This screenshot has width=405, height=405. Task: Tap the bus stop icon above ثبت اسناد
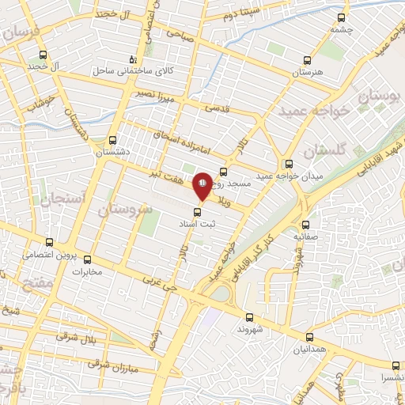point(198,210)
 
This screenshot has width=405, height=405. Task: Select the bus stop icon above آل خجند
point(43,55)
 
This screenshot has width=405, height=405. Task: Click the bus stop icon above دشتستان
point(112,138)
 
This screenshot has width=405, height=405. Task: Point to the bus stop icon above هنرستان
point(308,59)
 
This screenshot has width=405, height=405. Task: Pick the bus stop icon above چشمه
point(341,17)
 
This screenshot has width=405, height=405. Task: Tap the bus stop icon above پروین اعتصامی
point(50,242)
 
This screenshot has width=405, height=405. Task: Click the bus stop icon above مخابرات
point(88,259)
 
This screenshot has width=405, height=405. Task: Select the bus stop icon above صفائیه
point(305,225)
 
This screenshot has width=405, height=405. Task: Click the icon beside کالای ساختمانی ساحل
point(133,60)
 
